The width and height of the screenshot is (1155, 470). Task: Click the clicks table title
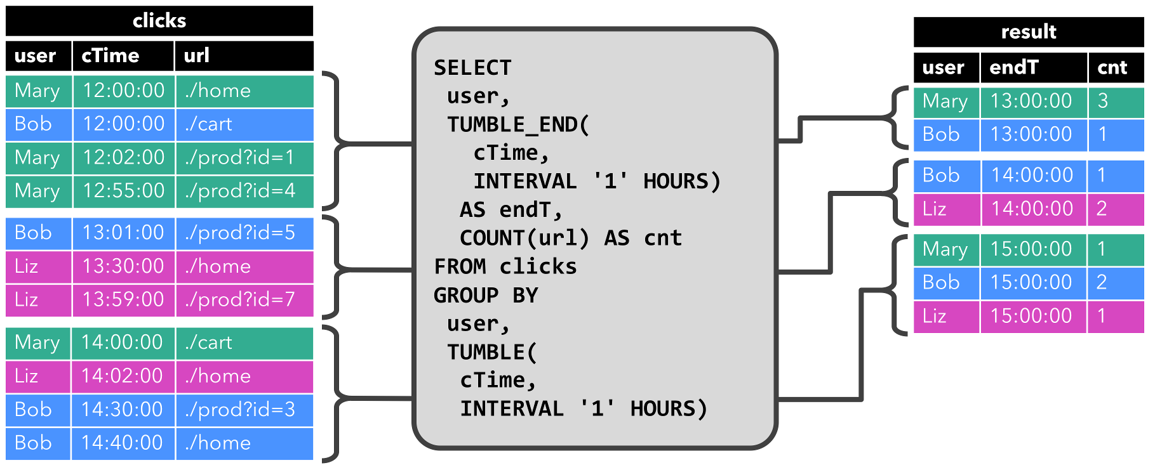tap(159, 21)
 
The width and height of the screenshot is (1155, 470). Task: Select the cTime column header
tap(123, 56)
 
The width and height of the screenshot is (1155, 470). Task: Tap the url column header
tap(244, 56)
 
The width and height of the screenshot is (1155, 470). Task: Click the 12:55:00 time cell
tap(123, 191)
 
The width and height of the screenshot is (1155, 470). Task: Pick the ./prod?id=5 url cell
tap(244, 233)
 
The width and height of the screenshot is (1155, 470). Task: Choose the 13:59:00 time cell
tap(123, 299)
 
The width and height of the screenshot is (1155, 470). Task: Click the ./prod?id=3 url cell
tap(244, 410)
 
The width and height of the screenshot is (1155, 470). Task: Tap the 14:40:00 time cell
tap(122, 443)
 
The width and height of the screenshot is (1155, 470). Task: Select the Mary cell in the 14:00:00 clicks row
tap(37, 343)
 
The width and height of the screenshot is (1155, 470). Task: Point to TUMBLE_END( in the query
tap(518, 124)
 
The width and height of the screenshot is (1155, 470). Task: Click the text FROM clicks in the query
tap(505, 266)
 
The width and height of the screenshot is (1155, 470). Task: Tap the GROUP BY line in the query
tap(486, 295)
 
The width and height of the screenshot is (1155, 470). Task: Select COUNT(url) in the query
tap(524, 238)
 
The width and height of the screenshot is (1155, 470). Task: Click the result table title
tap(1028, 32)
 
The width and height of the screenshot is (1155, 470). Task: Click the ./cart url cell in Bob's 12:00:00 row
tap(244, 124)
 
